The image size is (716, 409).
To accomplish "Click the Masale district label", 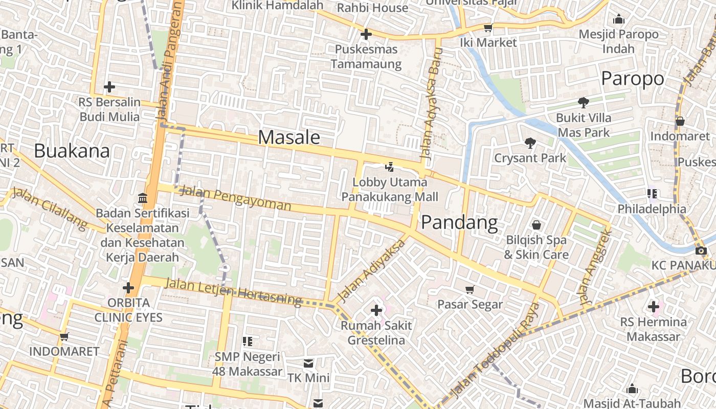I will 289,137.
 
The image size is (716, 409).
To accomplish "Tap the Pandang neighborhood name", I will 459,223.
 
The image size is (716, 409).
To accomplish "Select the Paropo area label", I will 632,79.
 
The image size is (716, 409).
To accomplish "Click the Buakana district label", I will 72,151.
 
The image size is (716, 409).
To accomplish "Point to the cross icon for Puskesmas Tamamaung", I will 366,35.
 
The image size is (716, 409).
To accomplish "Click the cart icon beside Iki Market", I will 488,28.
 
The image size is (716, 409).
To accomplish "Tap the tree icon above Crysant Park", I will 530,143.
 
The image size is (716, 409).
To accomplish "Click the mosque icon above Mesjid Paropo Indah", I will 619,19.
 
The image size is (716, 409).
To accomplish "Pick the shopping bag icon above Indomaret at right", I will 680,121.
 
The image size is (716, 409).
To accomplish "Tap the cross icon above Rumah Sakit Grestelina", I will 376,310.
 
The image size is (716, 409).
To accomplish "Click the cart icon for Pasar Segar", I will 470,289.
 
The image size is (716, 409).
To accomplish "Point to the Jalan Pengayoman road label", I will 236,199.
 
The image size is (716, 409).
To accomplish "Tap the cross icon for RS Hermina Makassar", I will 653,307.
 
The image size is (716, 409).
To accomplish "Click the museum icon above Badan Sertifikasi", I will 143,198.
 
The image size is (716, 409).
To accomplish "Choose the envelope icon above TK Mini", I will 308,363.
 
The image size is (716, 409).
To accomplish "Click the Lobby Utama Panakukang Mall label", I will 390,189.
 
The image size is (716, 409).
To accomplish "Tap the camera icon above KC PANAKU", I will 701,251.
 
